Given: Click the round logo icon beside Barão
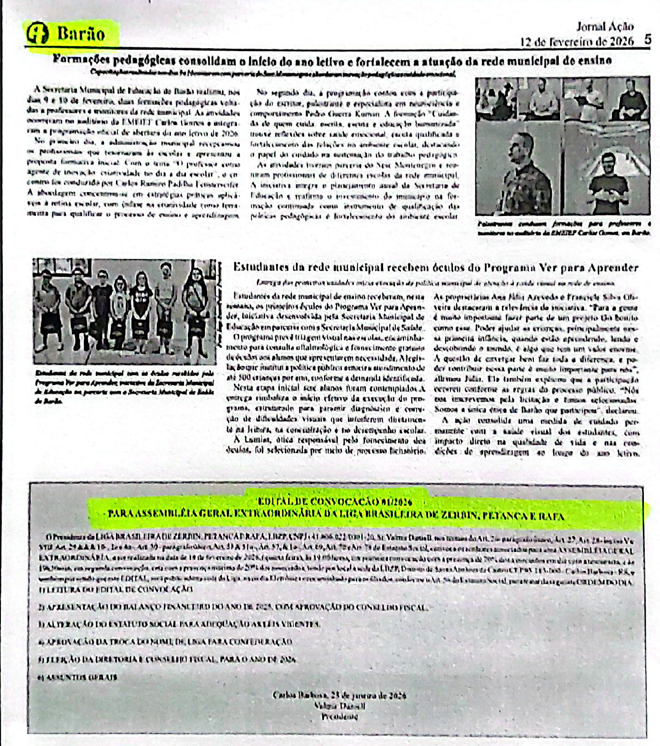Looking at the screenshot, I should (x=38, y=34).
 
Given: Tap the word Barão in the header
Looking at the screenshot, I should (x=81, y=34).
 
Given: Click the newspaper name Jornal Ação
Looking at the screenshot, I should (x=605, y=27).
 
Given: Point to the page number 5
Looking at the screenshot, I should (x=648, y=40).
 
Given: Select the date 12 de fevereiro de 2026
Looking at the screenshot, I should (x=577, y=41).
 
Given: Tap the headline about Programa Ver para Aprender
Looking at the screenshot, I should (x=435, y=268).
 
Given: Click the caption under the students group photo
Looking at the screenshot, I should (x=124, y=386).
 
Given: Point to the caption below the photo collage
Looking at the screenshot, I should (x=564, y=228).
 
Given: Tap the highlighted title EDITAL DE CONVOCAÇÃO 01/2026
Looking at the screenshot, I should (x=335, y=501).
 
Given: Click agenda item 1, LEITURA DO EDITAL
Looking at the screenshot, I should (x=115, y=589).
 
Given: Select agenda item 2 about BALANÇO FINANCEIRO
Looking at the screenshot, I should (x=233, y=608).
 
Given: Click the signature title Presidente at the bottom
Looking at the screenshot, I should (x=340, y=717).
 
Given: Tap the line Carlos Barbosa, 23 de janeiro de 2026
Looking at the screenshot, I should (x=339, y=695).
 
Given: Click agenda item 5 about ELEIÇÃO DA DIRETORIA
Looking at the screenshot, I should (x=167, y=660).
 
